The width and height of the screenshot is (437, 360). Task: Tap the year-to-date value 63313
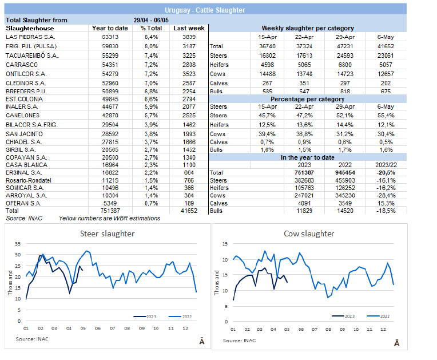click(103, 36)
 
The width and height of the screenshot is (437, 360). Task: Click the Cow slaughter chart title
click(309, 234)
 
